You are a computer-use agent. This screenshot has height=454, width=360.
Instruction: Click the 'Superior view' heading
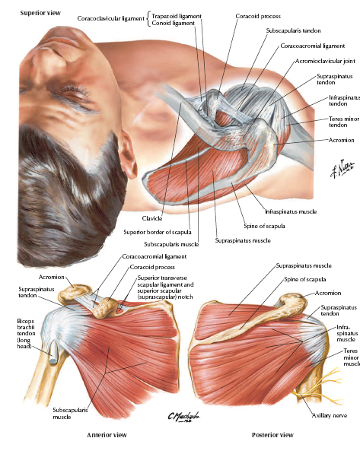40,13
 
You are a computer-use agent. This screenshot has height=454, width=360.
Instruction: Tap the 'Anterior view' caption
107,435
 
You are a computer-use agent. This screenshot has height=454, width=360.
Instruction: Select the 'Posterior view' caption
272,435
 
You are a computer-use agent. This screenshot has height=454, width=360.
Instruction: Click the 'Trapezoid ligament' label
177,16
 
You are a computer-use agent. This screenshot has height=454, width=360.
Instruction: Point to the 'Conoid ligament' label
173,23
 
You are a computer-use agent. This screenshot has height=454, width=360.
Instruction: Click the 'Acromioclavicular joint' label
325,61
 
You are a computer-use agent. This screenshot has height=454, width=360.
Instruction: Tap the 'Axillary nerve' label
330,415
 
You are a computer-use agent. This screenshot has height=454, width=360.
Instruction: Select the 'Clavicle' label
152,218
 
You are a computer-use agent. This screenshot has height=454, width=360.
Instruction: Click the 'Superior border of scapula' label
158,232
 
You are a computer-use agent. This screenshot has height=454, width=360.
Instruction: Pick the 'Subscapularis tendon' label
293,30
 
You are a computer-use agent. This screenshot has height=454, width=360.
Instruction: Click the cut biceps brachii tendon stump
53,355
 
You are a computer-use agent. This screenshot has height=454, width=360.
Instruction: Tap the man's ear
128,153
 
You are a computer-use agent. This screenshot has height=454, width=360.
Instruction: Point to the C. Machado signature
183,417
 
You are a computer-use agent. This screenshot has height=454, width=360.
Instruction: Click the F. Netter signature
342,168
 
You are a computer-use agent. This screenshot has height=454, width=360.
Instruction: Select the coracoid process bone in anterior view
105,307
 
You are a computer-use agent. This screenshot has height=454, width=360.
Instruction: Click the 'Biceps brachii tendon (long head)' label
26,334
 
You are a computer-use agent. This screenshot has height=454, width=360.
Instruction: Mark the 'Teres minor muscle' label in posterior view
352,357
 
